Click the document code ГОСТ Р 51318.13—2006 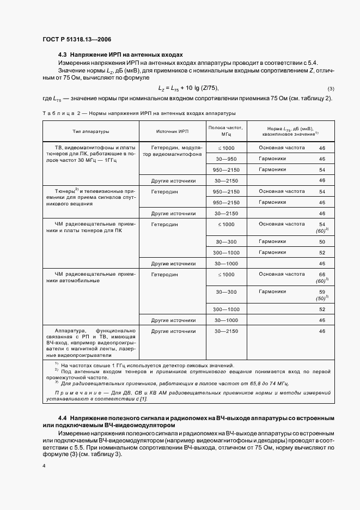coord(77,39)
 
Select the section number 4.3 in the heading coord(62,55)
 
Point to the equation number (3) coord(331,89)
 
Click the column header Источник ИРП coord(172,131)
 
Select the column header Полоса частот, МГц coord(225,130)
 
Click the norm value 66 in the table coord(322,274)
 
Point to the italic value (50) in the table coord(321,299)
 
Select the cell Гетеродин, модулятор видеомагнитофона coord(172,151)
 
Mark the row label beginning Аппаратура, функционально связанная coord(89,342)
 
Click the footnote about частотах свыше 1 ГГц coord(147,365)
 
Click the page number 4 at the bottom coord(44,466)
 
